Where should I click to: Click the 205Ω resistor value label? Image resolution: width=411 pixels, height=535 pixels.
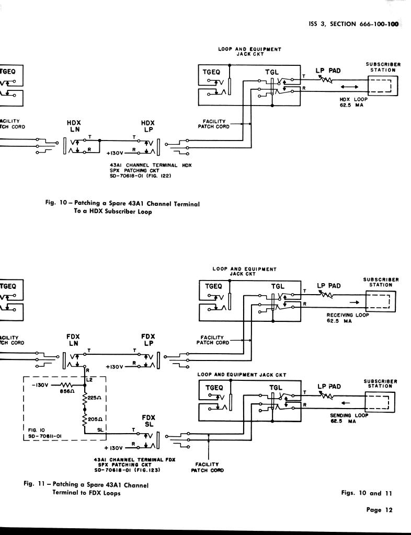click(x=95, y=419)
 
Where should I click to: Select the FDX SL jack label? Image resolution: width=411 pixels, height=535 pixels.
click(x=148, y=421)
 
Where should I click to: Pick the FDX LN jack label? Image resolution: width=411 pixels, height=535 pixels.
click(x=73, y=340)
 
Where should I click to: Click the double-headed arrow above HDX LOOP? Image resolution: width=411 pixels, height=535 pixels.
click(x=349, y=87)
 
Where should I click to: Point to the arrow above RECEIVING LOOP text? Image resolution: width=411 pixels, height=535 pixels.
click(x=353, y=302)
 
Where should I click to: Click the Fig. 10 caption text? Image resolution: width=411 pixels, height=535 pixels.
click(x=122, y=207)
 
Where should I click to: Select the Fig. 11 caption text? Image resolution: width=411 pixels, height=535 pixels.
click(x=86, y=489)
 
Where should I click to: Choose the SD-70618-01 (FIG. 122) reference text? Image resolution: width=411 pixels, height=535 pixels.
click(x=141, y=176)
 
